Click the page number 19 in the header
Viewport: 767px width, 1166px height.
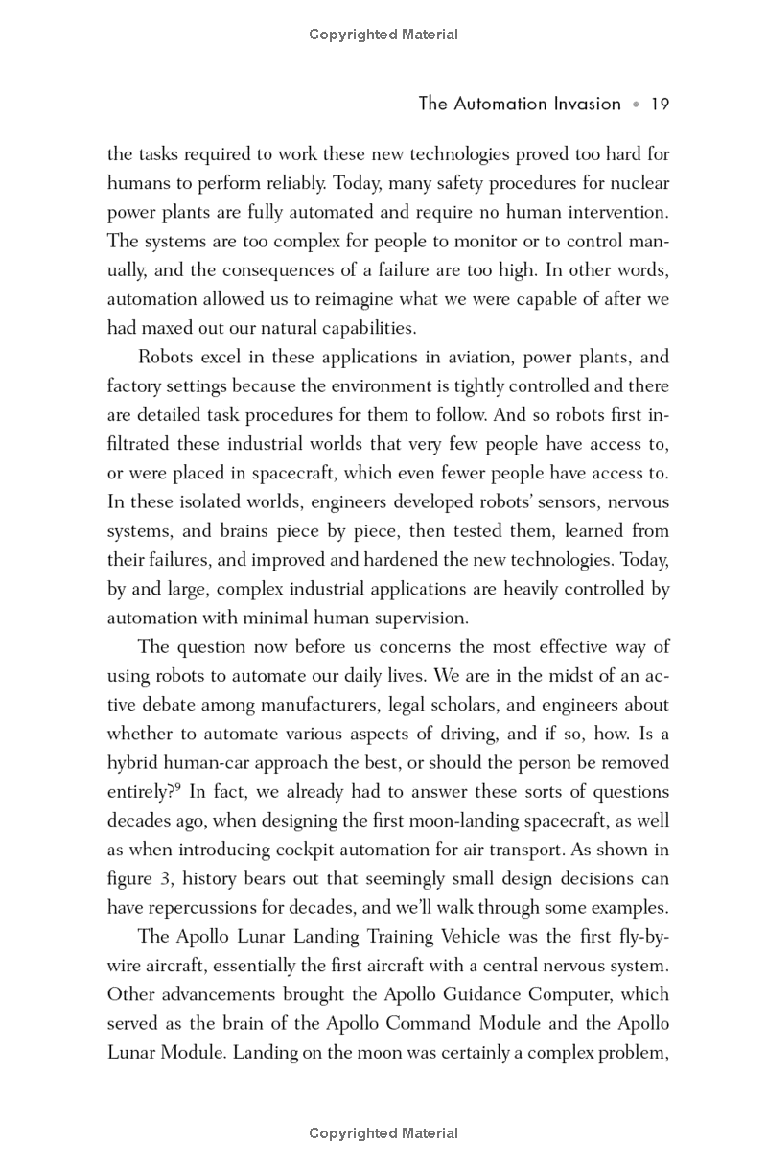659,104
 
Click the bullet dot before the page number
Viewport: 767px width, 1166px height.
635,105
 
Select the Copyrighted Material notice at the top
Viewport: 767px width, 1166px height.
383,35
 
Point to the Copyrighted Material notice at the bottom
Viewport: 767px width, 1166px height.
383,1133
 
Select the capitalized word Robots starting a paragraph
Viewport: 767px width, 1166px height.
169,357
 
